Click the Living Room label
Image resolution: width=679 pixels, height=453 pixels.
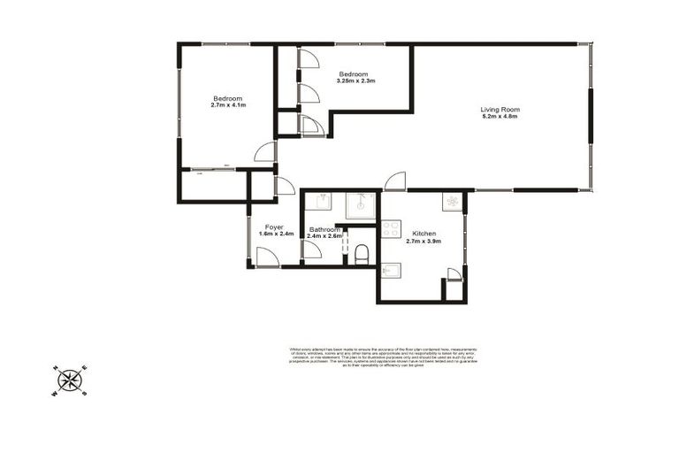(x=499, y=110)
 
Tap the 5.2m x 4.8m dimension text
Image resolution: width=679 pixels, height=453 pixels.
(x=499, y=117)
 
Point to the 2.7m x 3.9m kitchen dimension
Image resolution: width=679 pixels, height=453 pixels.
(x=423, y=241)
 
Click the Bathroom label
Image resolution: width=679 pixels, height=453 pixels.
(x=324, y=229)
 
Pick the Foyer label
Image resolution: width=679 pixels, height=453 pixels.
(x=275, y=226)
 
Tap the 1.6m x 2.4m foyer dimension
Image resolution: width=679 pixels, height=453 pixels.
(x=276, y=234)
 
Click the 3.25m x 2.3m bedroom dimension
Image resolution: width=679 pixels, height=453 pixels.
(x=355, y=81)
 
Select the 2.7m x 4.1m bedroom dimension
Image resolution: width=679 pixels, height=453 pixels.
(x=227, y=105)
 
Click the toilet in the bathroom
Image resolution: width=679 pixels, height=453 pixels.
(x=361, y=256)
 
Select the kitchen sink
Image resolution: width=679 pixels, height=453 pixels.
(x=390, y=270)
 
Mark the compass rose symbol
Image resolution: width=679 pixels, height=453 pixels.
(x=71, y=380)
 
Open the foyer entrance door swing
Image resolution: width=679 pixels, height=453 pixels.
(x=267, y=256)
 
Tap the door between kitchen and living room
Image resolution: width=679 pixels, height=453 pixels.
(x=394, y=180)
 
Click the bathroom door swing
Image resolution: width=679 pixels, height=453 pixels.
(x=311, y=249)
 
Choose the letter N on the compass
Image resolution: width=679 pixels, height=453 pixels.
(x=56, y=367)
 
